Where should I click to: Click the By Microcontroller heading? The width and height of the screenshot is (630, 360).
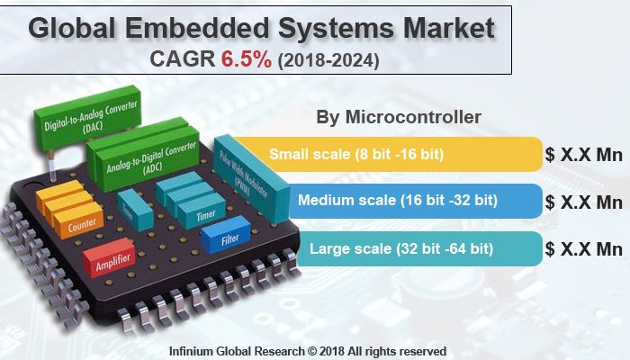(399, 118)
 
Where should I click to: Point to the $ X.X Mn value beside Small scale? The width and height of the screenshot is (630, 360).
(584, 154)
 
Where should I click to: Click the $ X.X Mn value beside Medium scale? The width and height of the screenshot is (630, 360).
(584, 201)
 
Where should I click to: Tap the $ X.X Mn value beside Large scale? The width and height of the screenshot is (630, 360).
(584, 248)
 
